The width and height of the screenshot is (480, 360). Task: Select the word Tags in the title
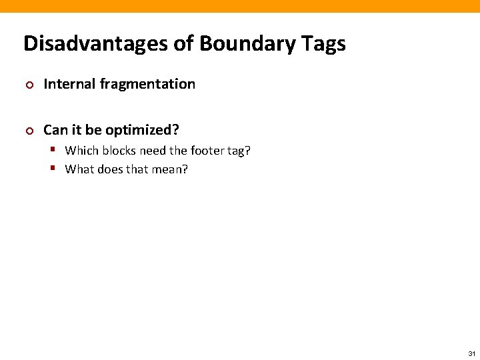pos(323,44)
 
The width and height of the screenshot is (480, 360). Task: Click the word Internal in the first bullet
pos(69,84)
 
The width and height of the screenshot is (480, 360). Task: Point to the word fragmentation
pos(147,84)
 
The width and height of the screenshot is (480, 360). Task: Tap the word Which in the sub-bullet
pos(81,151)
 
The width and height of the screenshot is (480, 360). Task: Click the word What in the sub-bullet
pos(79,169)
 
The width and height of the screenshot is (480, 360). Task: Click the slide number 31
pos(471,353)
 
